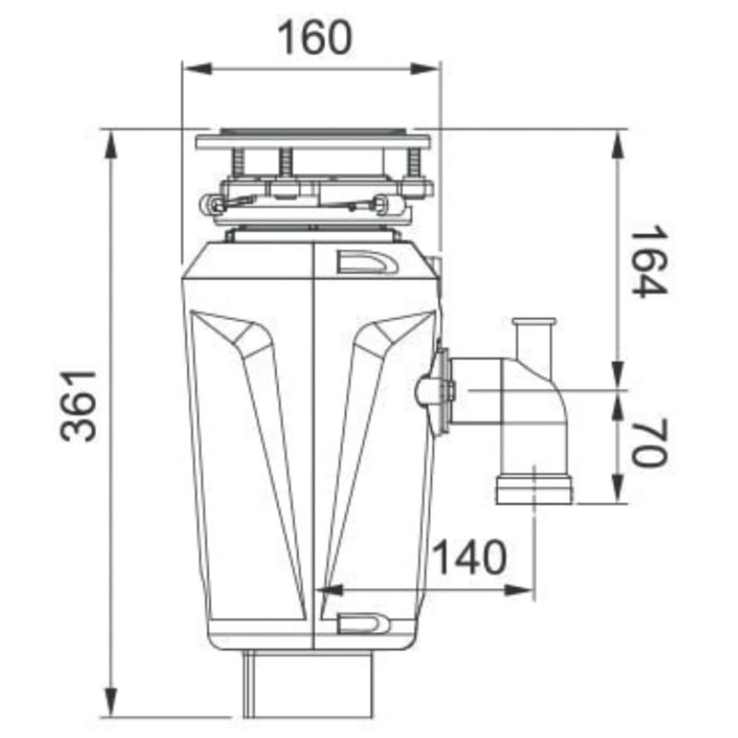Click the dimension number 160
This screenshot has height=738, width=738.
[315, 38]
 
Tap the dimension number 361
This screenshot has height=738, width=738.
[78, 406]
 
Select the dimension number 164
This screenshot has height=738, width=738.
[649, 262]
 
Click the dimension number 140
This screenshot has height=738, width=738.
[470, 557]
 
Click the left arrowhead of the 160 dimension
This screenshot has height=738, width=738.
[196, 69]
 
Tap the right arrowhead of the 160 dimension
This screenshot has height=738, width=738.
[425, 69]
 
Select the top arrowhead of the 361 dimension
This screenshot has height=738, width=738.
[111, 145]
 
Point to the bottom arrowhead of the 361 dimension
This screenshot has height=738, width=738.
[111, 702]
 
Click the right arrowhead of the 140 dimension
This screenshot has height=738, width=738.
[519, 589]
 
